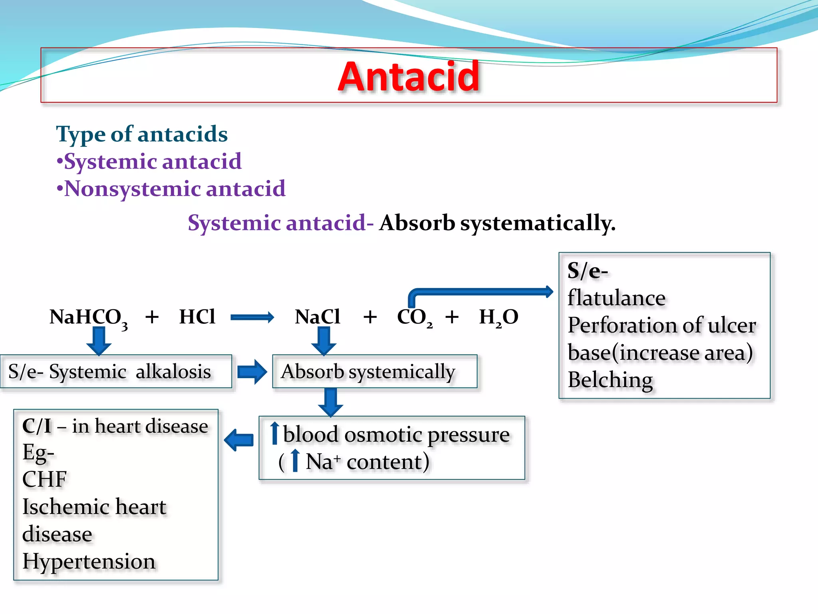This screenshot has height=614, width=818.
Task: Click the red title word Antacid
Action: click(408, 76)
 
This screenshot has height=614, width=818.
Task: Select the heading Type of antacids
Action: click(142, 134)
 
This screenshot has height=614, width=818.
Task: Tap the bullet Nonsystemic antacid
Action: click(175, 189)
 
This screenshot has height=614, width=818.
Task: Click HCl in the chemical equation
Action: click(197, 317)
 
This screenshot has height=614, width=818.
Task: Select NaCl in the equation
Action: click(318, 317)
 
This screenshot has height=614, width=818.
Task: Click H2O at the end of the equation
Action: click(498, 317)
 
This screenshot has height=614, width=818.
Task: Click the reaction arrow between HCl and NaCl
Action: click(252, 317)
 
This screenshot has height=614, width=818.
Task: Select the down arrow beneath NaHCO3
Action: click(99, 341)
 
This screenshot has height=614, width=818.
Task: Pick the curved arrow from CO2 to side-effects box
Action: click(479, 292)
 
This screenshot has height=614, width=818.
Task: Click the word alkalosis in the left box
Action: click(173, 372)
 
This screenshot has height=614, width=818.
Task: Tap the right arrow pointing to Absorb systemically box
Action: click(252, 372)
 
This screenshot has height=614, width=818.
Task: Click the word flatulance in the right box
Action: click(616, 298)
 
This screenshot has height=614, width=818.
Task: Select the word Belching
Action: click(610, 380)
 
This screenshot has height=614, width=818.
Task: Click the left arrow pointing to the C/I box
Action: click(239, 440)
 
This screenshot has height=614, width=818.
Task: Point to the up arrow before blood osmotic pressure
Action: click(274, 433)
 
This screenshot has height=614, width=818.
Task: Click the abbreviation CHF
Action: click(44, 479)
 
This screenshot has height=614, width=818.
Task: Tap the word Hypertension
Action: click(89, 562)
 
